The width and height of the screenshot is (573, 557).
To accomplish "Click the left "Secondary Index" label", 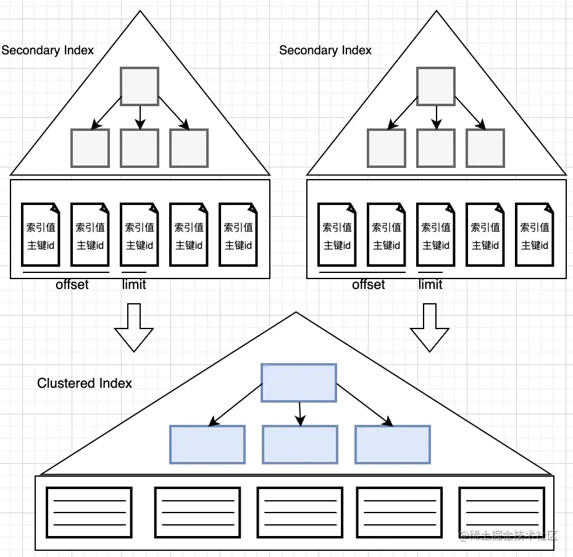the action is (48, 50).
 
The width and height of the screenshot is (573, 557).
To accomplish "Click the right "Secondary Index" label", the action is (325, 50).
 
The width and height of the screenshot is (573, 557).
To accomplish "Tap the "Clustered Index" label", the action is (85, 383).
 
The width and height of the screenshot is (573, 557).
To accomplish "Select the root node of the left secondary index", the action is (140, 86).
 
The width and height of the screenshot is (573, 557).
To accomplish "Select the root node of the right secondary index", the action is (436, 86).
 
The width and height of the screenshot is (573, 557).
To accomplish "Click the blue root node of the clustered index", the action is (299, 383).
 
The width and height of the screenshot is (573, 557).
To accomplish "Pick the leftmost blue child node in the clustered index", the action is (207, 445).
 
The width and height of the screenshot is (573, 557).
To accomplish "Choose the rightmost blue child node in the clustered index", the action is (393, 445).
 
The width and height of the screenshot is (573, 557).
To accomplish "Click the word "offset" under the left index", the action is (72, 284).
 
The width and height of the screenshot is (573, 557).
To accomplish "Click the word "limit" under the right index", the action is (430, 284).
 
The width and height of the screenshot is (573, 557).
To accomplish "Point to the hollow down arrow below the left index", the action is (134, 327).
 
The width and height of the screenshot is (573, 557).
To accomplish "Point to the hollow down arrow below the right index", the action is (430, 327).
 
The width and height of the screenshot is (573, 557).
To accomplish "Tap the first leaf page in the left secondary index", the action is (41, 234).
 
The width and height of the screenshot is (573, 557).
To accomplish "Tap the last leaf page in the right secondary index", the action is (535, 234).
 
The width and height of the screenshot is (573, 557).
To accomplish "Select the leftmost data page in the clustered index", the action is (89, 513).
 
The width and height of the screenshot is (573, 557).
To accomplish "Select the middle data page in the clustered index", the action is (300, 513).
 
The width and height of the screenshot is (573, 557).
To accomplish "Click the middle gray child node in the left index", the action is (140, 148).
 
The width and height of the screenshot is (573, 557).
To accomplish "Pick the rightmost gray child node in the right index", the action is (485, 148).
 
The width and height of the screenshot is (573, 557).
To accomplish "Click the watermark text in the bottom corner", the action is (508, 535).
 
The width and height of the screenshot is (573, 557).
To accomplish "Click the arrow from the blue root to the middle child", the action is (300, 414).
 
